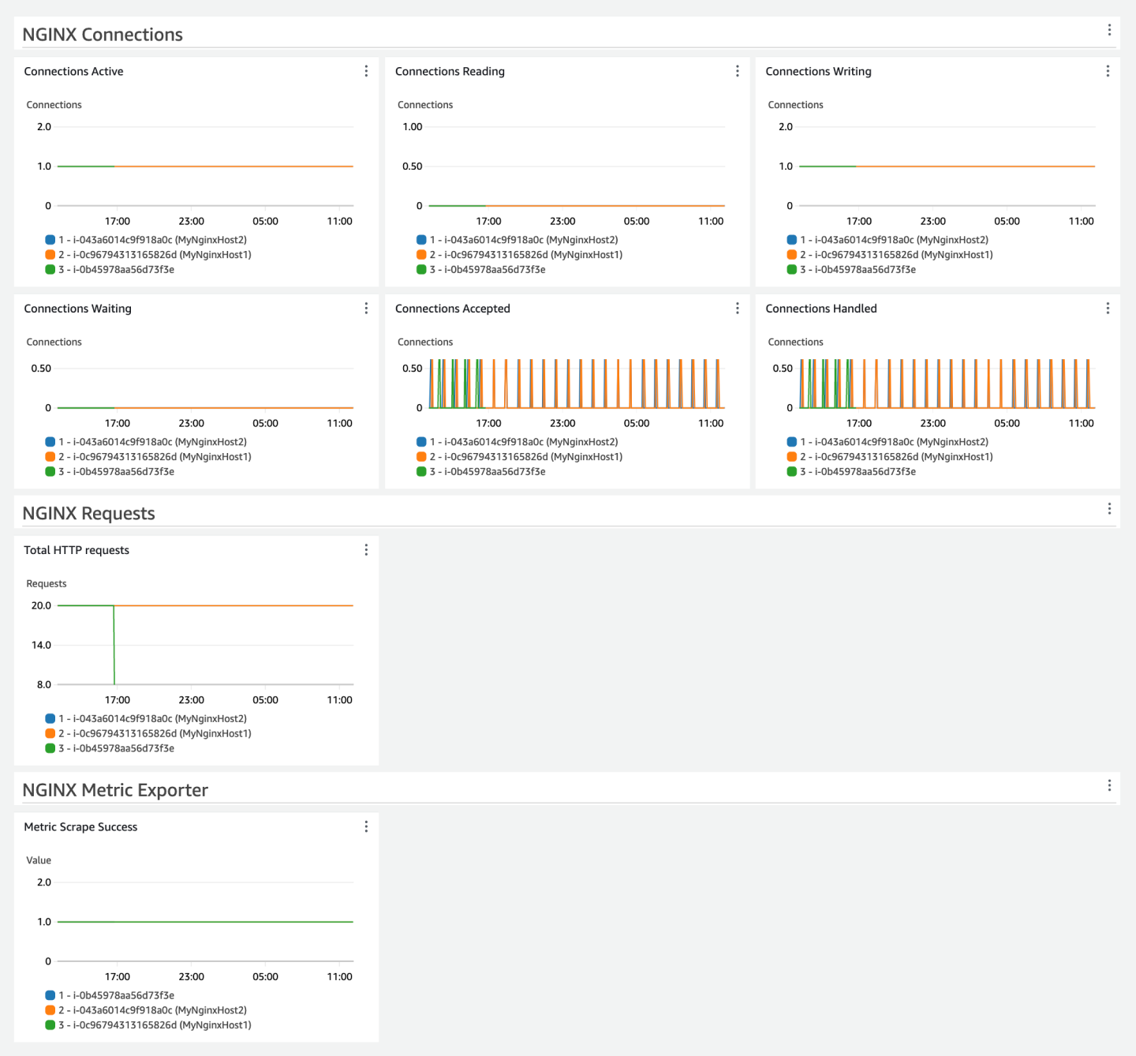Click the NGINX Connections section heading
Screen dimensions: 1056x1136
pyautogui.click(x=103, y=35)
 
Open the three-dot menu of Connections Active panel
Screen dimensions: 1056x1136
pyautogui.click(x=366, y=71)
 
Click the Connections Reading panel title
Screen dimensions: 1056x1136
pyautogui.click(x=450, y=71)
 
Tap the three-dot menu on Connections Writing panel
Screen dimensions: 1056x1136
pyautogui.click(x=1108, y=71)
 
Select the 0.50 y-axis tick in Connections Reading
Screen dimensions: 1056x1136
pyautogui.click(x=412, y=167)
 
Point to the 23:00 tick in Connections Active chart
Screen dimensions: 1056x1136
pyautogui.click(x=191, y=221)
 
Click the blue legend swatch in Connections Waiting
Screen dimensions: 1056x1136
pyautogui.click(x=50, y=442)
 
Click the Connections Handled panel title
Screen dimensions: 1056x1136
pyautogui.click(x=820, y=309)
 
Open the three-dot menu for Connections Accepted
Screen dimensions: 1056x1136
pyautogui.click(x=737, y=309)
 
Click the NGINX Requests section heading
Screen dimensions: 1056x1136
pyautogui.click(x=88, y=514)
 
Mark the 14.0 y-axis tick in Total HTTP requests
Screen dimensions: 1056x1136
pyautogui.click(x=41, y=646)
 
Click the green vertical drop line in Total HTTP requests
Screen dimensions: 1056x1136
pyautogui.click(x=114, y=647)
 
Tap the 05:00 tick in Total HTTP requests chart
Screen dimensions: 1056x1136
pyautogui.click(x=265, y=700)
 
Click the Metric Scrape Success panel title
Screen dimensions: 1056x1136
pyautogui.click(x=80, y=827)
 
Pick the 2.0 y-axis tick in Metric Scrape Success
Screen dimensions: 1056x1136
pyautogui.click(x=44, y=882)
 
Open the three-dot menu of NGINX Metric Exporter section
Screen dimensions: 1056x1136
pyautogui.click(x=1109, y=785)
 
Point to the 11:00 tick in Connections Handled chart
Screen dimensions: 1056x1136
pyautogui.click(x=1081, y=424)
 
